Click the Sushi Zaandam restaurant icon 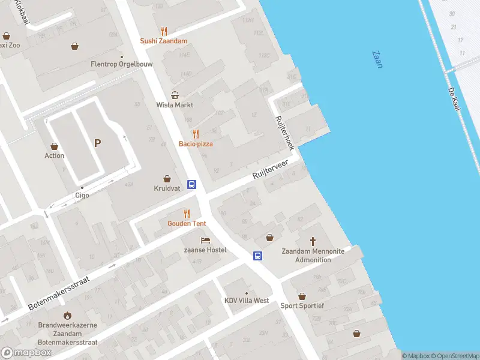164,32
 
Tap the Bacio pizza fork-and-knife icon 196,134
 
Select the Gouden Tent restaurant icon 187,214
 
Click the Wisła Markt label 175,104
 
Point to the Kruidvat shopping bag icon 167,179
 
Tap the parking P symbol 97,143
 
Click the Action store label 55,156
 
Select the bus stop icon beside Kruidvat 192,184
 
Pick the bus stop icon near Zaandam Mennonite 257,256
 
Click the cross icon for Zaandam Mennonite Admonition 313,241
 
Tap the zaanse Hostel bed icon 205,240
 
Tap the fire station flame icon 67,315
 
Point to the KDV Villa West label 247,301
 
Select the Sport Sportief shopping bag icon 302,296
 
